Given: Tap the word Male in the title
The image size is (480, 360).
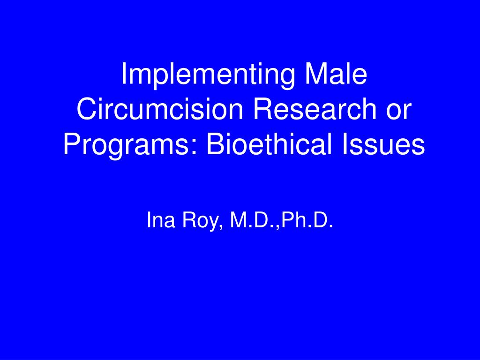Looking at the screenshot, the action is coord(336,74).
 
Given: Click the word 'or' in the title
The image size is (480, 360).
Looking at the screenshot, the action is coord(398,112).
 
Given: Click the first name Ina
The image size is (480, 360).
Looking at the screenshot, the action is coord(161,219).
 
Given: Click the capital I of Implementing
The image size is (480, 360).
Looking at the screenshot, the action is coord(124,74).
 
